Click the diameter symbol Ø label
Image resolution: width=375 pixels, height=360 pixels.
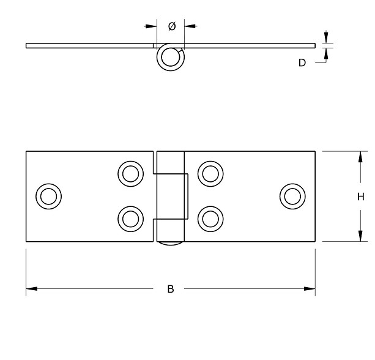point(171,26)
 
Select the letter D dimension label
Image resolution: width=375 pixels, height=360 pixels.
point(302,62)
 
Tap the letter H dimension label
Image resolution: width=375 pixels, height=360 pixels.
point(361,197)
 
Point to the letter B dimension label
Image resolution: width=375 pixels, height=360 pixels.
point(171,289)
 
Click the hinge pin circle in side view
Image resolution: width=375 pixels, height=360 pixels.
point(171,58)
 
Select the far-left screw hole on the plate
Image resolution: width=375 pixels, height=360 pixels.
point(48,196)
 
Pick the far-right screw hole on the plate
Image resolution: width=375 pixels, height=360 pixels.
point(292,196)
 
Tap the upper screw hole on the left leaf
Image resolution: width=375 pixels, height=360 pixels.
point(130,173)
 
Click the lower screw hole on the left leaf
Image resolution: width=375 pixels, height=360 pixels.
point(130,219)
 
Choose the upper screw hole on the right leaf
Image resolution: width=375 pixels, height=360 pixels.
point(210,173)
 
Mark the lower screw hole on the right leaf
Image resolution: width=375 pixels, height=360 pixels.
point(210,219)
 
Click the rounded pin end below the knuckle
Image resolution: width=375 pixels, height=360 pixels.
point(171,244)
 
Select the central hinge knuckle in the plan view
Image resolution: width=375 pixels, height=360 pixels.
point(171,197)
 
